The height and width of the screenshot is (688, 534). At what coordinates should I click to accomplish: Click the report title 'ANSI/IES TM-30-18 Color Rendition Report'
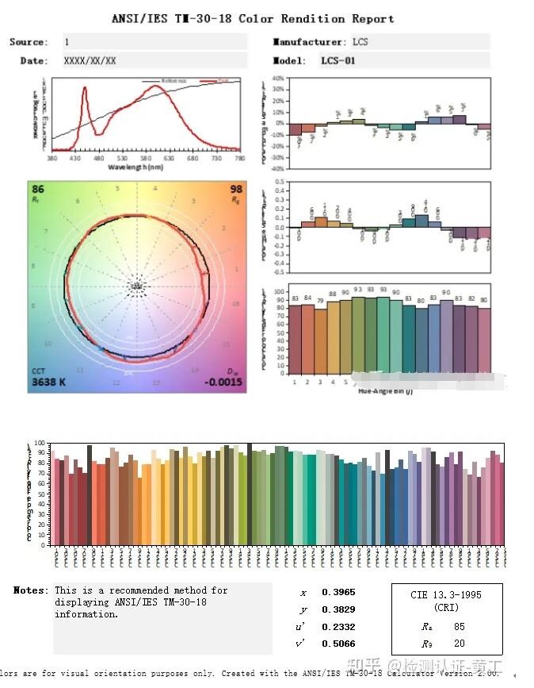coord(252,18)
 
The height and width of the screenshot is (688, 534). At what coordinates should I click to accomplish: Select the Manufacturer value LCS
coord(362,42)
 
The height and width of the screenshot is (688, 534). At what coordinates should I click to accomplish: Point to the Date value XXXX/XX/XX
coord(90,60)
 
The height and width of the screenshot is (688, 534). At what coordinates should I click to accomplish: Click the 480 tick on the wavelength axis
coord(99,159)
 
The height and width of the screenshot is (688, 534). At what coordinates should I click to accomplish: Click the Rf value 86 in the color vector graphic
coord(38,190)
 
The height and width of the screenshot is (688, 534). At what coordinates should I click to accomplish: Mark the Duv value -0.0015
coord(223,383)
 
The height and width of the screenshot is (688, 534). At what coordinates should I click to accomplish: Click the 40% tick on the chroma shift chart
coord(278,79)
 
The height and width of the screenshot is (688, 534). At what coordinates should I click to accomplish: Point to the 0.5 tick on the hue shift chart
coord(279,182)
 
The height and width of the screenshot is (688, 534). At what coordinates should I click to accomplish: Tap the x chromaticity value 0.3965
coord(338,593)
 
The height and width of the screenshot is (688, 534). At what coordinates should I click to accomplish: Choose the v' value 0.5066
coord(338,644)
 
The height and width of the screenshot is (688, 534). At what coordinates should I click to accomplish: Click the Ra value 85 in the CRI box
coord(460,626)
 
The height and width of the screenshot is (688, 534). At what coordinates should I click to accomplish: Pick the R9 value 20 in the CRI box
coord(460,644)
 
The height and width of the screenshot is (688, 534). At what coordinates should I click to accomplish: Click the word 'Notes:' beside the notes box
coord(31,590)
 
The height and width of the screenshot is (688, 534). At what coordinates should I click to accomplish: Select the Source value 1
coord(67,42)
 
